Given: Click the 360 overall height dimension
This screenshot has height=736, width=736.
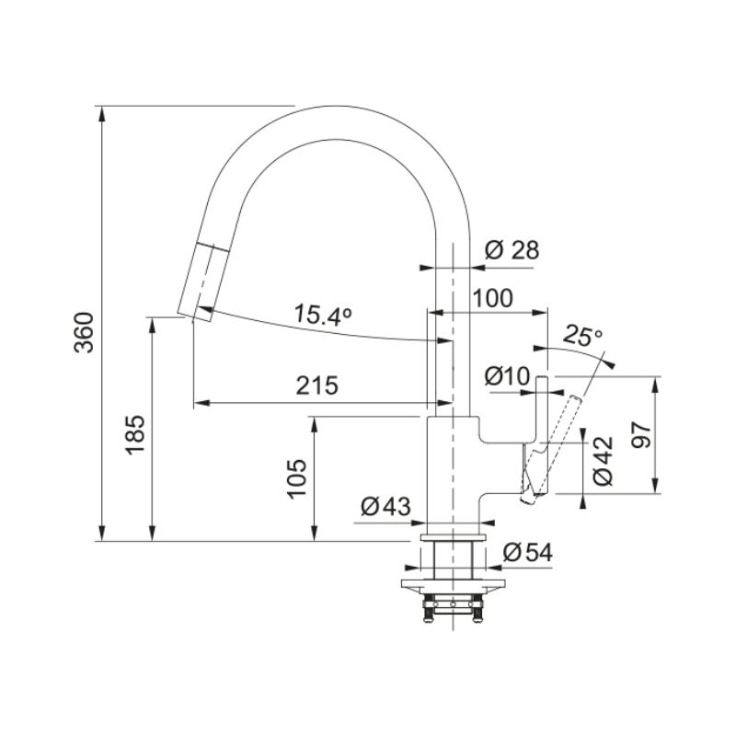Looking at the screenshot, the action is point(85,332).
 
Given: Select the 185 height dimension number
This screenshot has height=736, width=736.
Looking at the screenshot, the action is point(136,434).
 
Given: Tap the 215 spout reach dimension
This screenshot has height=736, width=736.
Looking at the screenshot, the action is point(316,385).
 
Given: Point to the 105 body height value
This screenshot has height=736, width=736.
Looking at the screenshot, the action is point(297,478).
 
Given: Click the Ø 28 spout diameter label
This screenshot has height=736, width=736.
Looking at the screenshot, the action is point(512,250).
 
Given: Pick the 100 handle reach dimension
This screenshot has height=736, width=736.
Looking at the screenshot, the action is point(493,298).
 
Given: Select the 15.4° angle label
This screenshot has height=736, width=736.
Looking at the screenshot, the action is point(323,315).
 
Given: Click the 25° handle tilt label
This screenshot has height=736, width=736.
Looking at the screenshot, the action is point(582,335).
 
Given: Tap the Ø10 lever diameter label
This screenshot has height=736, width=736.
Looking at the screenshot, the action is point(508,376).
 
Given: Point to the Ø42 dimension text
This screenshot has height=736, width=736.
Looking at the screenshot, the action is point(604,461).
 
